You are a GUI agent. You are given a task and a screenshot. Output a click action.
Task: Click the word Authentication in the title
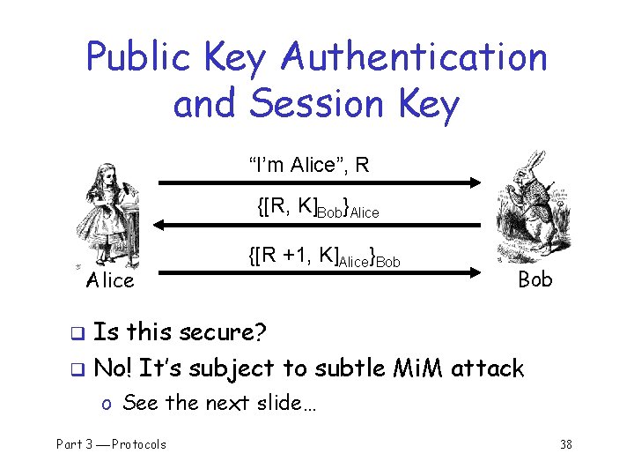414,59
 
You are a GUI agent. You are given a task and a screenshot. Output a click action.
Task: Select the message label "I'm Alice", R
308,165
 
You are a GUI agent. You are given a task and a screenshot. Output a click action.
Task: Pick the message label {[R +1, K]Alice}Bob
324,257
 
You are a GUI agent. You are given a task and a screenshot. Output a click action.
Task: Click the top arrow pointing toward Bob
318,183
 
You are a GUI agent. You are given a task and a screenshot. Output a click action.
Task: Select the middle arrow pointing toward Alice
318,227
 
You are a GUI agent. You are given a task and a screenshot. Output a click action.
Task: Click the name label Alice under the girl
110,281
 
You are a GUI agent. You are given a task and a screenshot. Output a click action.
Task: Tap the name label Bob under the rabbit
535,279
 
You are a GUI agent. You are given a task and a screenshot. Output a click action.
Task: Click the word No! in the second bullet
113,368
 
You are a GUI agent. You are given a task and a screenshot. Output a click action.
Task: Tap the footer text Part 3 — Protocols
111,444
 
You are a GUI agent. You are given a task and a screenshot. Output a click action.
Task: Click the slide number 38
565,444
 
